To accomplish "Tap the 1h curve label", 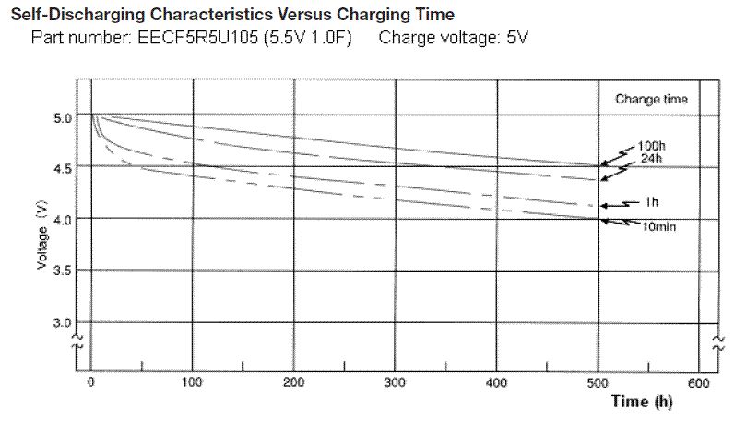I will pos(652,200).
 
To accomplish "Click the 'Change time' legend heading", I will pos(651,100).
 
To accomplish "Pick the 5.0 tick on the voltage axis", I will pos(63,118).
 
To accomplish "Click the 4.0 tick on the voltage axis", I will pos(63,219).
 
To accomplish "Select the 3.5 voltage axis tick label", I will pos(63,271).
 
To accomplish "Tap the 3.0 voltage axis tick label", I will pos(63,322).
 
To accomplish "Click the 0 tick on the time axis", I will pos(90,382).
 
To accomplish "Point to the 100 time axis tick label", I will pos(192,382).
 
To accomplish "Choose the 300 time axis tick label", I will pos(395,382).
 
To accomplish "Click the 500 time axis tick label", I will pos(599,382).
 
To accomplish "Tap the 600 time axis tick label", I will pos(700,382).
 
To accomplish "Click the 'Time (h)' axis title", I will pos(642,403).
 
